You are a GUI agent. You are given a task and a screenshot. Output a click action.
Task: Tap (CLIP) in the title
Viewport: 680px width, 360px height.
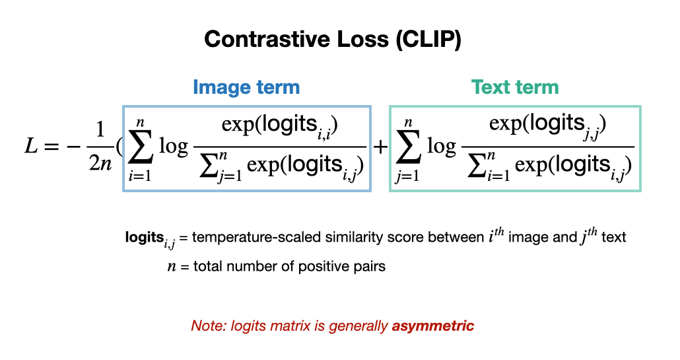(x=428, y=40)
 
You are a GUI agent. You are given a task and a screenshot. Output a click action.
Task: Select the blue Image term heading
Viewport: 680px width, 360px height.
(x=246, y=87)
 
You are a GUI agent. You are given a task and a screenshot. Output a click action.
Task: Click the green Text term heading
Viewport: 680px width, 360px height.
(x=515, y=87)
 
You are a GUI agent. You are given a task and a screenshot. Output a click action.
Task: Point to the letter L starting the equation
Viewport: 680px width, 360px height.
(x=31, y=146)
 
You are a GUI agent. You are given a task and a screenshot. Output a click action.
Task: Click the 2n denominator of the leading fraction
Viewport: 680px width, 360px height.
(x=100, y=164)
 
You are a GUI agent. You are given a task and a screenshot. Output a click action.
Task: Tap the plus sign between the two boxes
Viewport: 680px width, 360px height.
(x=380, y=147)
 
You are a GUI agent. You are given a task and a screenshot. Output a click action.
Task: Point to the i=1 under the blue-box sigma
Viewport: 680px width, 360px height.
(x=140, y=175)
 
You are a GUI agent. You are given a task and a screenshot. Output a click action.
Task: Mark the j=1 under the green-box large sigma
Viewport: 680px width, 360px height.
(x=407, y=176)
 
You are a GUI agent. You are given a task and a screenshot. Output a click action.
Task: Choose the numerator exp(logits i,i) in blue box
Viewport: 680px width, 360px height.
(x=280, y=126)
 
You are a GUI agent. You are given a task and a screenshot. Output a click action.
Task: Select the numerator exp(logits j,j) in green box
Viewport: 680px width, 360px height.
(x=548, y=126)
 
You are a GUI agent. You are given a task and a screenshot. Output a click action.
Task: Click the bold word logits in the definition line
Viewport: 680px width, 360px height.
(x=145, y=237)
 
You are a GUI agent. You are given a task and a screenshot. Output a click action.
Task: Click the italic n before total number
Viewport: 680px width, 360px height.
(x=172, y=266)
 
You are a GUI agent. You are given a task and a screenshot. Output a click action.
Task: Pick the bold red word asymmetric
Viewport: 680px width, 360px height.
(x=433, y=326)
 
